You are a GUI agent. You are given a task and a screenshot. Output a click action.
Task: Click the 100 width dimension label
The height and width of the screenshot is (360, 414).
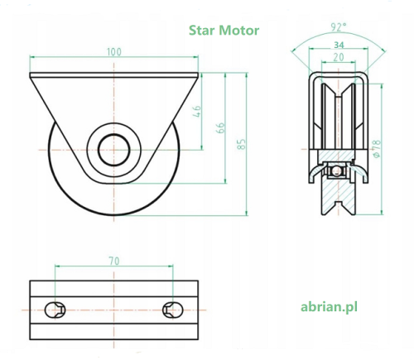(114, 52)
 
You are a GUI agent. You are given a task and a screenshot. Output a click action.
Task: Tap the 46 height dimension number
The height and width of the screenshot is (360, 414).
(197, 111)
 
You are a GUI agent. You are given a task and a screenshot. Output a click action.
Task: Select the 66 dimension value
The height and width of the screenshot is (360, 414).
(221, 127)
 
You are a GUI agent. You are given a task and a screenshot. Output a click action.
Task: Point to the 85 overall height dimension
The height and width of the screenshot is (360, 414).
(241, 144)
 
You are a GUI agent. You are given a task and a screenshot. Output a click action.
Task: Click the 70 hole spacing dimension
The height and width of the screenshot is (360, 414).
(114, 261)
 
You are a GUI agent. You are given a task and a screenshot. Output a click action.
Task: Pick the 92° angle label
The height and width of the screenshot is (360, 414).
(339, 27)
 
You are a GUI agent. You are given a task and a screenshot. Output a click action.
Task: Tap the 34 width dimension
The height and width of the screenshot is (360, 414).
(339, 45)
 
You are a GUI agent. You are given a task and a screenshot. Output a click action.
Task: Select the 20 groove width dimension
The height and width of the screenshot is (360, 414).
(339, 57)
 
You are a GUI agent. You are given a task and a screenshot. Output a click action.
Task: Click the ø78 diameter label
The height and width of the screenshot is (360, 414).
(377, 149)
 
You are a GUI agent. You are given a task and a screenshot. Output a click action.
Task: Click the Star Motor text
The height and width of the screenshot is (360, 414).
(224, 31)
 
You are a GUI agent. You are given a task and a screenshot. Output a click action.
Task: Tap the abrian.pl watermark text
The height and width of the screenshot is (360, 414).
(329, 307)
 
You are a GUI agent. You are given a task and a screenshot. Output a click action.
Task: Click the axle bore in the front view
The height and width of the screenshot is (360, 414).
(114, 150)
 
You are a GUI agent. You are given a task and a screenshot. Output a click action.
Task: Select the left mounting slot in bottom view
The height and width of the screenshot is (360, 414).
(55, 310)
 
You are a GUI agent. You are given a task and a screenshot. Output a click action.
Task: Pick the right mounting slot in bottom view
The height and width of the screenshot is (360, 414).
(173, 310)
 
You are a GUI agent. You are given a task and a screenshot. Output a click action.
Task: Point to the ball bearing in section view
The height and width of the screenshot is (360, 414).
(336, 171)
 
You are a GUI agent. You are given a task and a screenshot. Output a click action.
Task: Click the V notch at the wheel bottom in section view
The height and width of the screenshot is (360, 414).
(339, 206)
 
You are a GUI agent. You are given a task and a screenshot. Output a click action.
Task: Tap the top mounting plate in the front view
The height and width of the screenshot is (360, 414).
(114, 75)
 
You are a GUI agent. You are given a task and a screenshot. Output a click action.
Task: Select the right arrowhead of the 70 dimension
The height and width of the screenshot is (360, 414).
(171, 266)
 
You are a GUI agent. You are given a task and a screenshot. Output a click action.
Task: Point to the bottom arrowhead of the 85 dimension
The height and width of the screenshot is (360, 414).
(247, 213)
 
